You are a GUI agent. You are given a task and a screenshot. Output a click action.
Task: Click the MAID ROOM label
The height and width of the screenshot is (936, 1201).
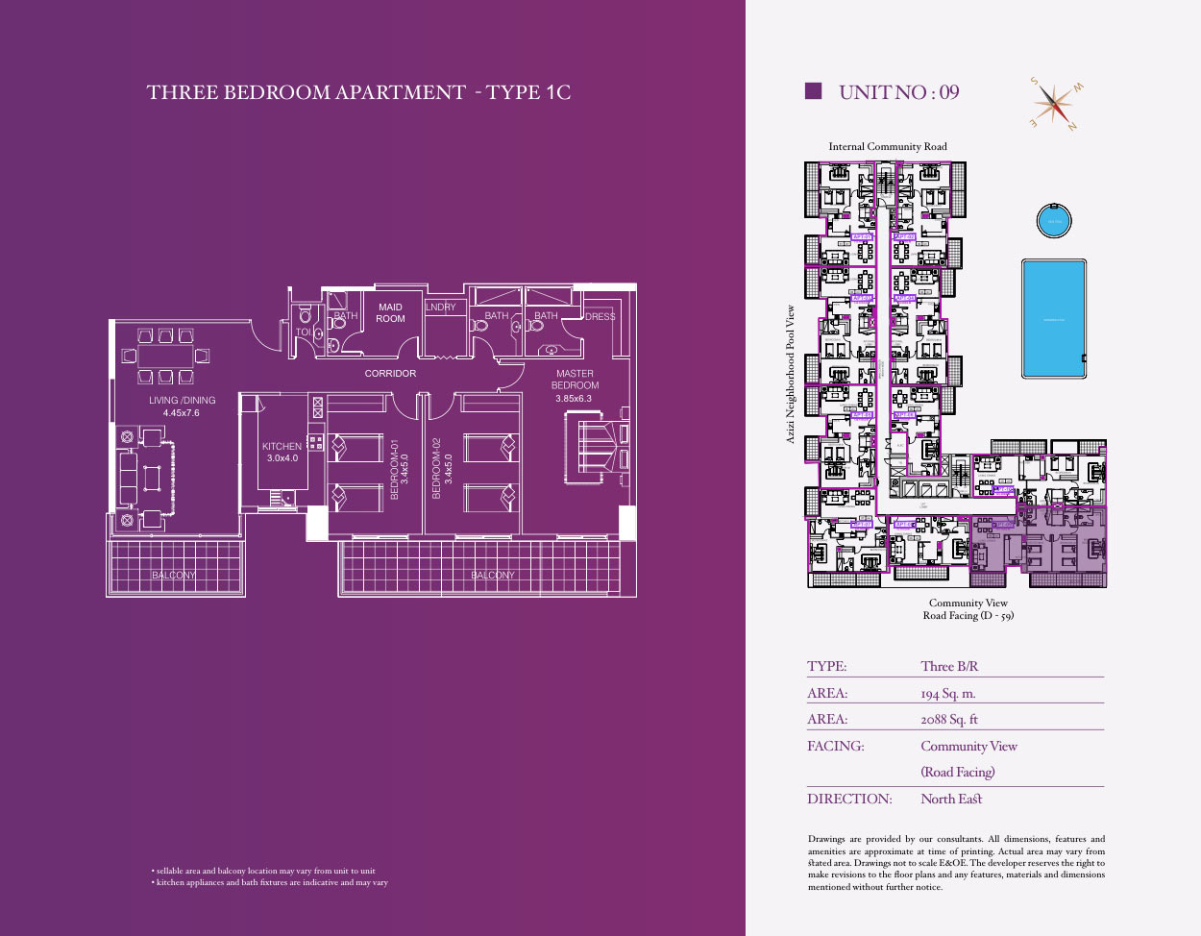[x=390, y=313]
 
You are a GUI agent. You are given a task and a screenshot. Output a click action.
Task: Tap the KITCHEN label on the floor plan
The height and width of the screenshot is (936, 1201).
[x=282, y=446]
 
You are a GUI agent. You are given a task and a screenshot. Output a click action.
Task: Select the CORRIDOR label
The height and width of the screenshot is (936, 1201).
[x=390, y=373]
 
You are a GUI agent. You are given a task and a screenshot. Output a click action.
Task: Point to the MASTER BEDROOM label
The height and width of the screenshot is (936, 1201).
[x=575, y=379]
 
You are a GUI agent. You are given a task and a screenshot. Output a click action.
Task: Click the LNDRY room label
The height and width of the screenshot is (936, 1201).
[x=440, y=308]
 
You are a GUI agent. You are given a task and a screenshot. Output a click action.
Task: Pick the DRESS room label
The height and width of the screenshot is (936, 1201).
[x=600, y=316]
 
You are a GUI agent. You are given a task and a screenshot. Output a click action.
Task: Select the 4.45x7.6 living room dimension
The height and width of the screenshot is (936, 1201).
[x=182, y=413]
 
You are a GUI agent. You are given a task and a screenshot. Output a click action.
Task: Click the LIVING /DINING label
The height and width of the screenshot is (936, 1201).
[x=182, y=400]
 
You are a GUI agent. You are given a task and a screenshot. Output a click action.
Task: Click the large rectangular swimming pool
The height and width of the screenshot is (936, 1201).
[x=1054, y=319]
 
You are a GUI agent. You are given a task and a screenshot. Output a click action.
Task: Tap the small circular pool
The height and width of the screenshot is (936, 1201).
[x=1054, y=221]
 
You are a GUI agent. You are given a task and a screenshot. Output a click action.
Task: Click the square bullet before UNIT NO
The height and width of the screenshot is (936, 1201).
[x=813, y=91]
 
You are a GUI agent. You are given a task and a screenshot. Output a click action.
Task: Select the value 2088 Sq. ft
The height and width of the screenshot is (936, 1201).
[x=948, y=719]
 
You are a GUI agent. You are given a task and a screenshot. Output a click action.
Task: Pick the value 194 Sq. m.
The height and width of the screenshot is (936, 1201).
[x=947, y=693]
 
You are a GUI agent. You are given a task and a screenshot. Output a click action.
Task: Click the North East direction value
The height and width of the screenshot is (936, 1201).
[x=951, y=799]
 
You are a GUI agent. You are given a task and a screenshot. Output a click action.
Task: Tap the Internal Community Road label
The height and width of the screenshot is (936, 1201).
[x=888, y=146]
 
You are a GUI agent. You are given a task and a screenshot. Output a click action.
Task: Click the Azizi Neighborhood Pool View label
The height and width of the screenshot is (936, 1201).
[x=791, y=374]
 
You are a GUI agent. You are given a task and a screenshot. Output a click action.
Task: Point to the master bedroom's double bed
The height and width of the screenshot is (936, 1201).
[x=595, y=447]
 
